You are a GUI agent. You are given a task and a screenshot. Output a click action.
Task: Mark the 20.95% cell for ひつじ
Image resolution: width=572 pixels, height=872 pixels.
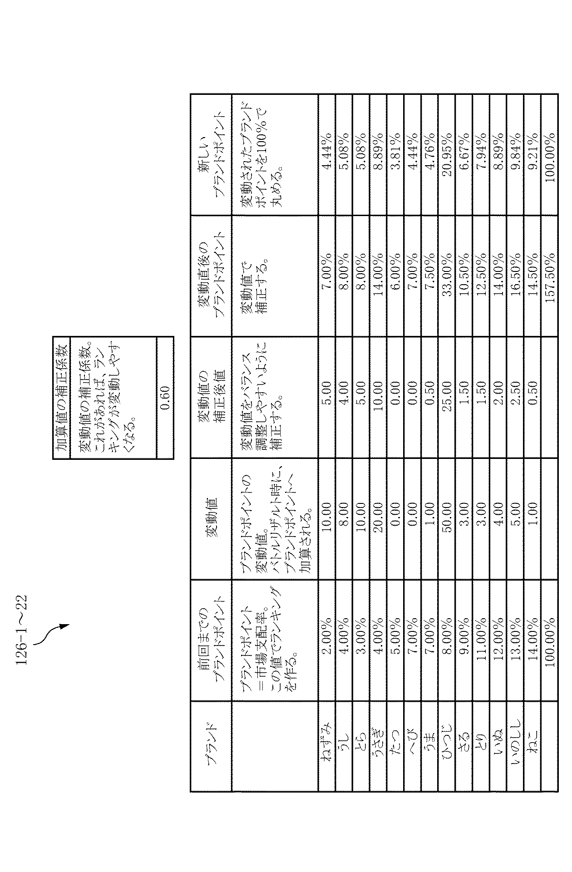tap(447, 157)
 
